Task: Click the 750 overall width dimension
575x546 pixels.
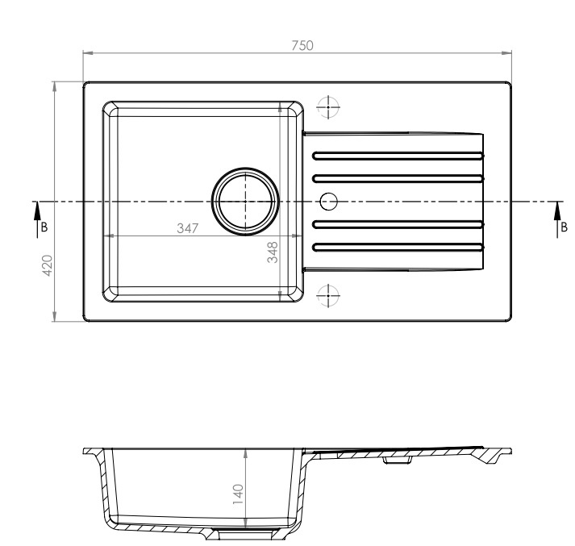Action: pyautogui.click(x=302, y=46)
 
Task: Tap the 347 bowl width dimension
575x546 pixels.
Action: pyautogui.click(x=188, y=229)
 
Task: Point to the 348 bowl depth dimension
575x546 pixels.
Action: pyautogui.click(x=273, y=252)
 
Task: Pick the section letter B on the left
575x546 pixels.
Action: pyautogui.click(x=44, y=227)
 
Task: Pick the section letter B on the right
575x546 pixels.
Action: pyautogui.click(x=565, y=227)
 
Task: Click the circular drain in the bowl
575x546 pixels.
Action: pyautogui.click(x=245, y=201)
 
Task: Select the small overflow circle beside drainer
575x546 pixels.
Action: pyautogui.click(x=328, y=200)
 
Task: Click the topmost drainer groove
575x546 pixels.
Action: pyautogui.click(x=398, y=155)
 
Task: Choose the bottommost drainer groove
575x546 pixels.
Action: pyautogui.click(x=398, y=245)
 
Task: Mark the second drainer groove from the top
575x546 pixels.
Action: pyautogui.click(x=398, y=177)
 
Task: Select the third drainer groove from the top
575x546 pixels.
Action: pyautogui.click(x=398, y=223)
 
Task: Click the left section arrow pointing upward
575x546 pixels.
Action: pyautogui.click(x=36, y=212)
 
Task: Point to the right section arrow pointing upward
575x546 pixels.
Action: pyautogui.click(x=556, y=212)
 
